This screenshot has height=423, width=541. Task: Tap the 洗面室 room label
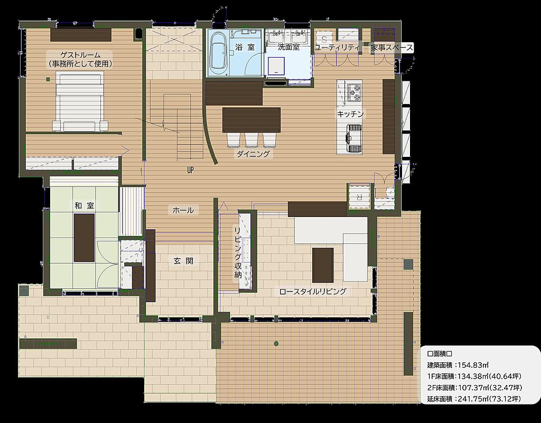point(289,47)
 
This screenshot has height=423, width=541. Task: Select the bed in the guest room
point(80,103)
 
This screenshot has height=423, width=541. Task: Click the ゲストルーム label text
point(80,55)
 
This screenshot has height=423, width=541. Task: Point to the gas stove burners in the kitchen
point(354,92)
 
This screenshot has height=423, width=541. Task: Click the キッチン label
point(350,114)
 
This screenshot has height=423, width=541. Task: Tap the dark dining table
point(251,120)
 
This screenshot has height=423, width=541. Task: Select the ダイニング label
point(253,154)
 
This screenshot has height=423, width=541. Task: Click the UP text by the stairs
point(190,170)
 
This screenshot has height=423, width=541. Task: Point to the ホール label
point(183,210)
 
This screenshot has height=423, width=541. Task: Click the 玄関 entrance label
point(183,261)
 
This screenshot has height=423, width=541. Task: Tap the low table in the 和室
point(84,238)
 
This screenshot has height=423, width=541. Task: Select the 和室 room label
point(84,206)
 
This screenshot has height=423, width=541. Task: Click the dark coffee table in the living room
point(323,265)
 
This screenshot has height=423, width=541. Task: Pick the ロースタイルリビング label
point(313,292)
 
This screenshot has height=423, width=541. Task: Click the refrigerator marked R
point(359,196)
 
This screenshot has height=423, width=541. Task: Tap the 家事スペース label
point(392,48)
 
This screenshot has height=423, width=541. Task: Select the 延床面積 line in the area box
point(474,399)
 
